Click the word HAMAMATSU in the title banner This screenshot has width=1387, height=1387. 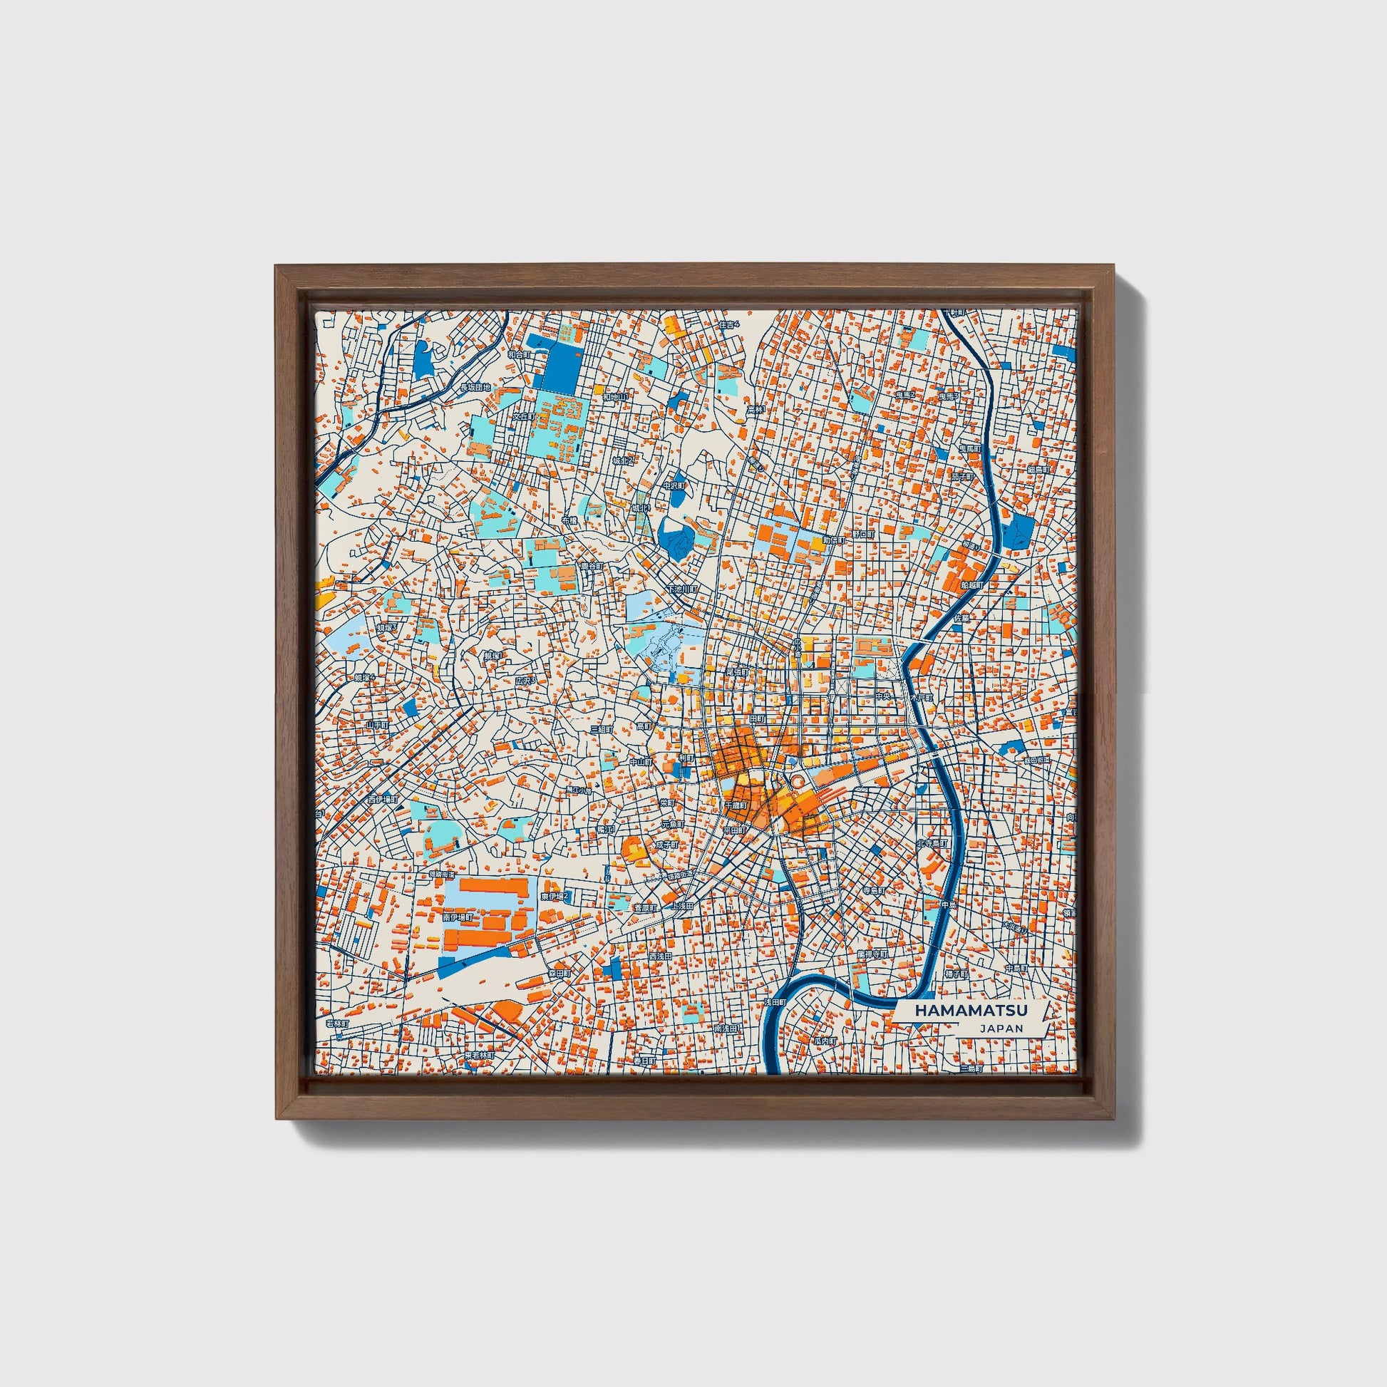click(x=971, y=1010)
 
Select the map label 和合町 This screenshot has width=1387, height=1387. click(x=518, y=355)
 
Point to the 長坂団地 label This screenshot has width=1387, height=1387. click(x=475, y=388)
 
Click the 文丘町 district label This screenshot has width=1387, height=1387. click(x=523, y=416)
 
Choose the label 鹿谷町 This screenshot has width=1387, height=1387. click(x=592, y=567)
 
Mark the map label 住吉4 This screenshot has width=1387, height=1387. click(x=728, y=324)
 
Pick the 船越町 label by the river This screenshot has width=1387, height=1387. click(x=971, y=586)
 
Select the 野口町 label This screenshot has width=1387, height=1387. click(x=863, y=535)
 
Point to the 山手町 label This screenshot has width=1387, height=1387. click(x=377, y=725)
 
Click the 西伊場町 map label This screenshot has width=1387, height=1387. click(x=381, y=799)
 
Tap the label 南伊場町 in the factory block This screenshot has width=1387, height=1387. click(x=458, y=917)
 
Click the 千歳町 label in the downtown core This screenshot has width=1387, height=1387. click(x=736, y=805)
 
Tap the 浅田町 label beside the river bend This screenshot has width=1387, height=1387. click(x=775, y=1001)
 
